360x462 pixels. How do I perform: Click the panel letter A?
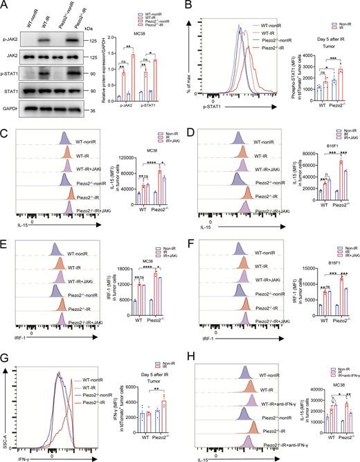6,6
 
